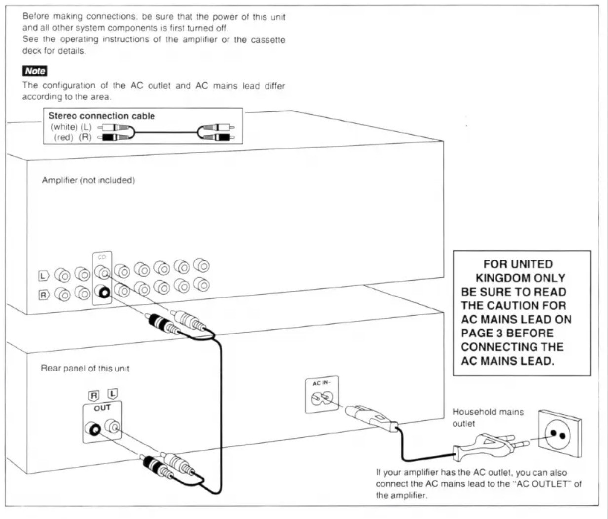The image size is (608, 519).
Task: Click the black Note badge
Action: (x=35, y=71)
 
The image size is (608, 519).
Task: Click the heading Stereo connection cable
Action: (x=102, y=116)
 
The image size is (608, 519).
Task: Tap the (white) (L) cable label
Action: (x=71, y=127)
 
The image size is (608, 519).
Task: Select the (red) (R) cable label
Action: (x=73, y=137)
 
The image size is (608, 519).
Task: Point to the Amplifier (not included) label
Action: (x=88, y=180)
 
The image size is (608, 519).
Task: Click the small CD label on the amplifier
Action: (x=102, y=257)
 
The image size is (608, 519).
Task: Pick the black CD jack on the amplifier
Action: (x=103, y=292)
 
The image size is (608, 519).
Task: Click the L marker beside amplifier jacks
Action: (x=44, y=276)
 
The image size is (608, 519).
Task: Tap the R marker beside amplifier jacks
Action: (x=44, y=295)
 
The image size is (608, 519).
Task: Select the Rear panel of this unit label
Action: (x=85, y=369)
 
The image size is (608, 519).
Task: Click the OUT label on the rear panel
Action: (x=102, y=408)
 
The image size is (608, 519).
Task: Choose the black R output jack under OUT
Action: (x=93, y=429)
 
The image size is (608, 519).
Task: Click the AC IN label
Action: (x=321, y=383)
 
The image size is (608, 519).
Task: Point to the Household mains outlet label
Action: (x=488, y=418)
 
